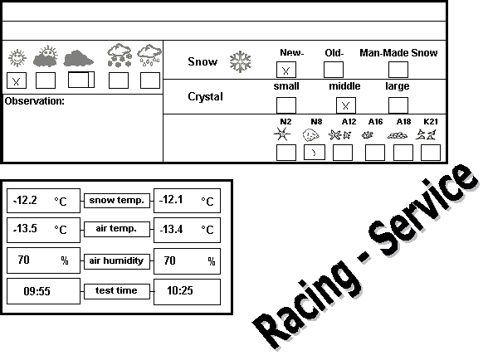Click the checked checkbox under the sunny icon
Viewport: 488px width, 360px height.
[17, 80]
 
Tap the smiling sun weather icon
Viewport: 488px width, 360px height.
[17, 58]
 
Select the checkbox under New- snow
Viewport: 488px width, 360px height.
[286, 70]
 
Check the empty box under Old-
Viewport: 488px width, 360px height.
[334, 70]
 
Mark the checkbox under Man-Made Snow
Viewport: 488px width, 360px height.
[398, 70]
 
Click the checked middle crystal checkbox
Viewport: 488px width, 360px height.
[346, 105]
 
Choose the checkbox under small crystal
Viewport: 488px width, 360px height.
[286, 105]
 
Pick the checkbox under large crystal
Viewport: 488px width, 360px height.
[398, 105]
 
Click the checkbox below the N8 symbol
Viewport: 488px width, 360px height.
[315, 153]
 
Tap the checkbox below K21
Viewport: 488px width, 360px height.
[431, 153]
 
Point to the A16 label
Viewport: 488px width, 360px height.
[375, 122]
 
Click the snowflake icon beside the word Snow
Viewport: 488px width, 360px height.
[241, 62]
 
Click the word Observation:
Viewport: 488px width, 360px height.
[35, 101]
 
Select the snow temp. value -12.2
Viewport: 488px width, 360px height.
[25, 200]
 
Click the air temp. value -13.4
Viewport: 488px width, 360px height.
[171, 229]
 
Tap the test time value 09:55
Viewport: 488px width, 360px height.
[37, 291]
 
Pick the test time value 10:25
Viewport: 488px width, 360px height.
[180, 290]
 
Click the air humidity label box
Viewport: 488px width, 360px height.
[117, 260]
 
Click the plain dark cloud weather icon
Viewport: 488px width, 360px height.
[78, 59]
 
